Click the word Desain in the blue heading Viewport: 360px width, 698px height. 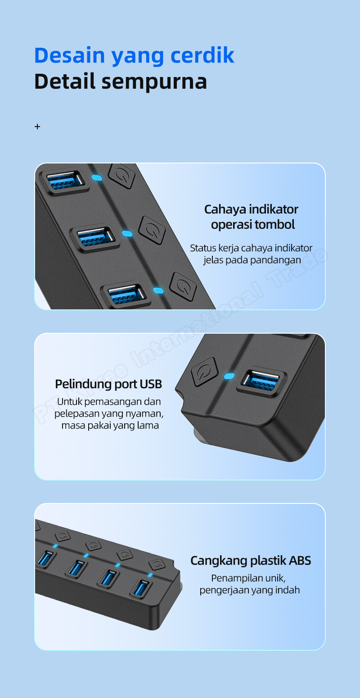point(69,55)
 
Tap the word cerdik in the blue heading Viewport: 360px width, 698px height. point(202,55)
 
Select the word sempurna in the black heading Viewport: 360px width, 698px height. point(154,82)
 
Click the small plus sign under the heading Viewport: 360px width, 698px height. point(37,127)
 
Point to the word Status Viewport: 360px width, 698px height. point(203,248)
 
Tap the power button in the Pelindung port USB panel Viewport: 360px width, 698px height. point(204,372)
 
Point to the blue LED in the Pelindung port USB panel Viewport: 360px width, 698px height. point(229,376)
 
